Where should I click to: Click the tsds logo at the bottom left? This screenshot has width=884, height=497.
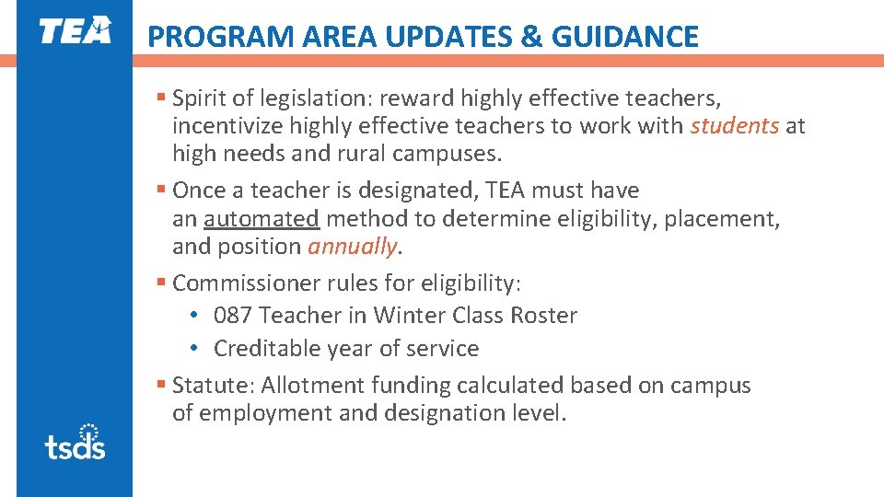pyautogui.click(x=75, y=442)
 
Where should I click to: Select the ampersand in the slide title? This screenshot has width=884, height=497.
pyautogui.click(x=532, y=37)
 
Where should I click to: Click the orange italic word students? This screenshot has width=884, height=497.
pyautogui.click(x=734, y=126)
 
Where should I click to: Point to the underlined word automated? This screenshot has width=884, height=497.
pyautogui.click(x=262, y=219)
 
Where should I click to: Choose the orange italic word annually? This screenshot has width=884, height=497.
pyautogui.click(x=353, y=247)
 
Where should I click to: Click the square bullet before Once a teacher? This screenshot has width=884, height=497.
pyautogui.click(x=161, y=191)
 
